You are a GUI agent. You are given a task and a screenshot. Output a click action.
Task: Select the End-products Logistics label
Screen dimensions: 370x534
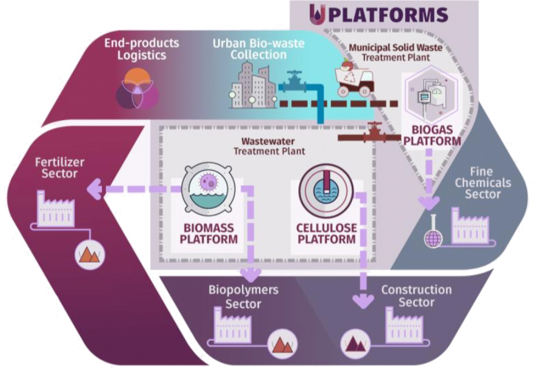click(x=141, y=50)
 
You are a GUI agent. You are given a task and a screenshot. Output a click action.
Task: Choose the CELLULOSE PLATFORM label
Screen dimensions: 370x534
click(x=326, y=233)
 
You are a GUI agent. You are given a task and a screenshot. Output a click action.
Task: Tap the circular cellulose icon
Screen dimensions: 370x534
click(x=326, y=190)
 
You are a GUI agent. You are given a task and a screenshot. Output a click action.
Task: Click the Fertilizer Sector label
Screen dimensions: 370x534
click(x=59, y=168)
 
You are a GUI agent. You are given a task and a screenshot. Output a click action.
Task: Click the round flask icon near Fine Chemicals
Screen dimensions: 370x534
click(x=433, y=238)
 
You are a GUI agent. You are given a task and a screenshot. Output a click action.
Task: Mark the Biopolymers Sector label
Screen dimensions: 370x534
click(x=243, y=296)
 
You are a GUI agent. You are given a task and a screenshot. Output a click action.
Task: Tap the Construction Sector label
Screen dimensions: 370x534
click(x=416, y=296)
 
